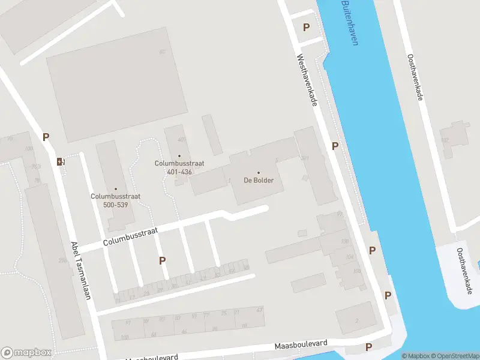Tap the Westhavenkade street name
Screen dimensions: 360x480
[306, 81]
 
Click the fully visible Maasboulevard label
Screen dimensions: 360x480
[301, 345]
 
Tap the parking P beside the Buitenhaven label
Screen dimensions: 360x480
[306, 27]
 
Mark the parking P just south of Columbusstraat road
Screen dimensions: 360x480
[162, 260]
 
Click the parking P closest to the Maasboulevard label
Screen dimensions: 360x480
[368, 347]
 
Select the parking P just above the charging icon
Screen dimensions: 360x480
[46, 137]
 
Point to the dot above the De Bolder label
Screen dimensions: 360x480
[259, 173]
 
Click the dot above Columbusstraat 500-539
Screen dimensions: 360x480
[116, 188]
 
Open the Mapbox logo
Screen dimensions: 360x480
[26, 353]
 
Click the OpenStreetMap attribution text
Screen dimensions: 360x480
[454, 356]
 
